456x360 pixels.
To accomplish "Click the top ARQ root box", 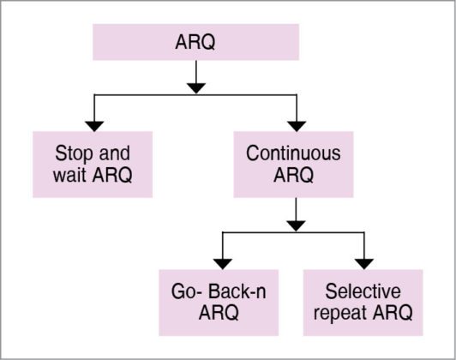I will tap(195, 42).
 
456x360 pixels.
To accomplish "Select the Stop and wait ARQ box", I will tap(93, 165).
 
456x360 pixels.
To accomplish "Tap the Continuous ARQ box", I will tap(294, 165).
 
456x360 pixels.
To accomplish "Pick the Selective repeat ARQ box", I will tap(363, 303).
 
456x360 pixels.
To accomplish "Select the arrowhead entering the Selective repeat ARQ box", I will tap(364, 261).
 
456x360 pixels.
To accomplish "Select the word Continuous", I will tap(294, 153).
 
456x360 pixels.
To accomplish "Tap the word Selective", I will tap(363, 291).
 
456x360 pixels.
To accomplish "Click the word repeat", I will tap(344, 314).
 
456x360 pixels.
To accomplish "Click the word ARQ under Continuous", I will tap(294, 177).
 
